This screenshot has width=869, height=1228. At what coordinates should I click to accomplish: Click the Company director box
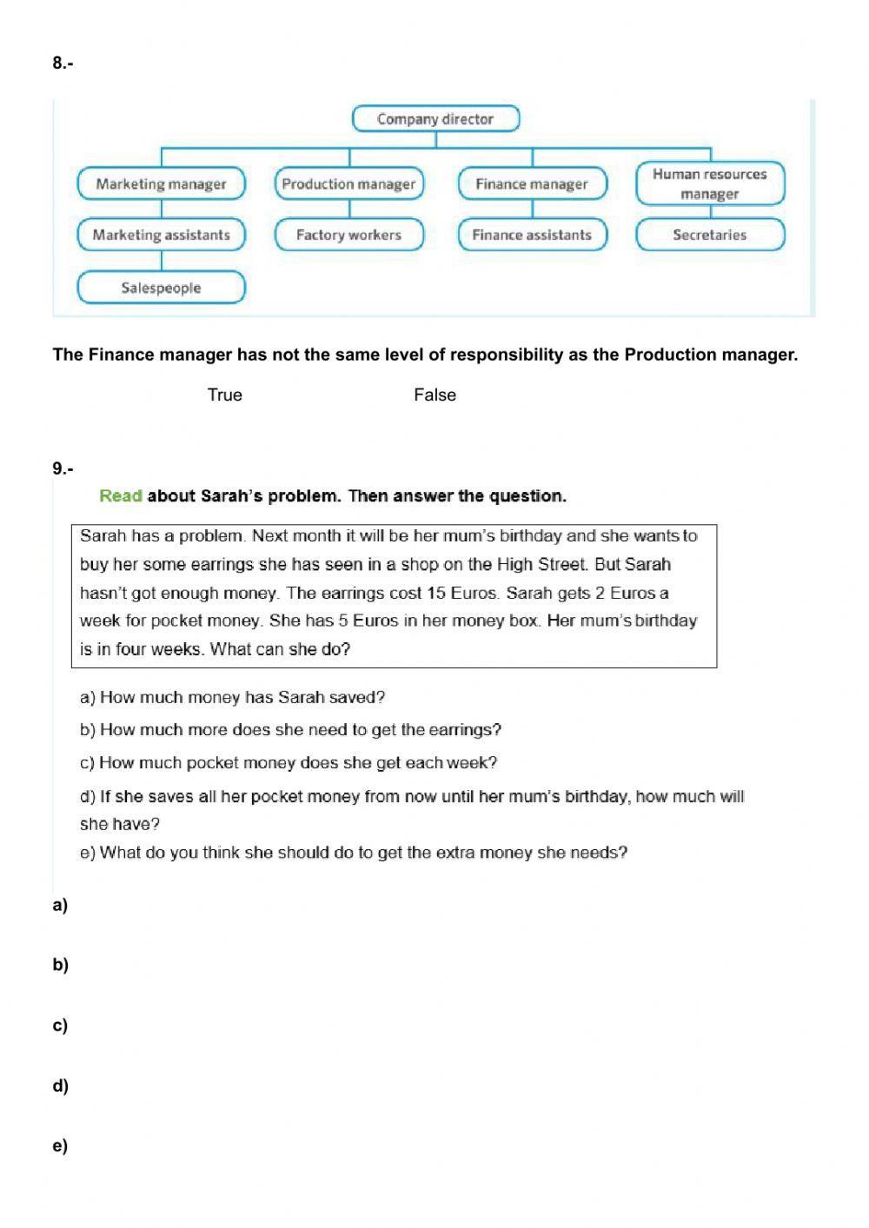click(x=435, y=119)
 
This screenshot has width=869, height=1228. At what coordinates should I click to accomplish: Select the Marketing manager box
click(x=162, y=184)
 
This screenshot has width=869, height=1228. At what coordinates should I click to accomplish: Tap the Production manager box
click(x=349, y=184)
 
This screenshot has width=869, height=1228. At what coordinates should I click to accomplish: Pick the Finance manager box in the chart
click(x=532, y=184)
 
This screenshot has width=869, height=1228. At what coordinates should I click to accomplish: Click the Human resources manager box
click(x=710, y=183)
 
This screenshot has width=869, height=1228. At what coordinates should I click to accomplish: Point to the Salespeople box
click(x=162, y=288)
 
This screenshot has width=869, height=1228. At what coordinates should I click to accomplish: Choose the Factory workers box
click(x=349, y=235)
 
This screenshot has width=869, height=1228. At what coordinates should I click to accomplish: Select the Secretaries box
click(x=710, y=235)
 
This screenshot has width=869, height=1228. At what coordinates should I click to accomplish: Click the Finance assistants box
click(x=532, y=235)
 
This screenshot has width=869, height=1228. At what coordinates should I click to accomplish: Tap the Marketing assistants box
click(x=162, y=235)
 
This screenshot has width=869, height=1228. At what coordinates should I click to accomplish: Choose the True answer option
click(x=224, y=395)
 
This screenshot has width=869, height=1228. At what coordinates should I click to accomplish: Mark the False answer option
click(x=434, y=395)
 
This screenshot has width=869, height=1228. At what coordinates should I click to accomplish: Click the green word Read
click(x=121, y=496)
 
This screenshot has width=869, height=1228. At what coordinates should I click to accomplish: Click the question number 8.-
click(x=63, y=63)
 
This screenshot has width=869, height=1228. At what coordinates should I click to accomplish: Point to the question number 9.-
click(x=63, y=468)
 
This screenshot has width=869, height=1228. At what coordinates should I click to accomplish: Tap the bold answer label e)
click(x=60, y=1145)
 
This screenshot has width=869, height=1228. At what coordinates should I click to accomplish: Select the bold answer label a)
click(x=60, y=905)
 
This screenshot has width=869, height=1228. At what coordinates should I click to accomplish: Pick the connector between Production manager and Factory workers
click(x=349, y=209)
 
